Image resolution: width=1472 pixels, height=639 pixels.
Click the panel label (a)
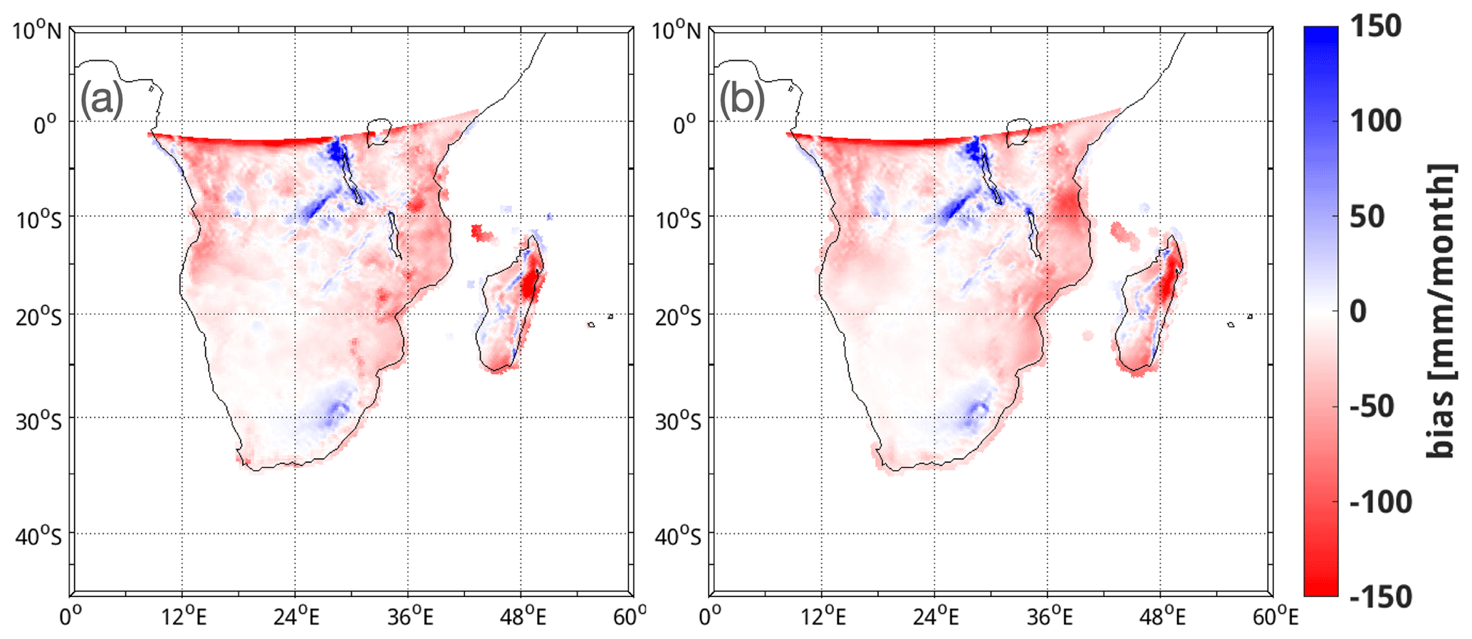click(101, 98)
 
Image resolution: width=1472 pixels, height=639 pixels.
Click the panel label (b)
click(741, 98)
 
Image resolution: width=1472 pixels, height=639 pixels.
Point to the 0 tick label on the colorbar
click(1359, 311)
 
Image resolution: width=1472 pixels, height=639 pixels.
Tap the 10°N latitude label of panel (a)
click(37, 31)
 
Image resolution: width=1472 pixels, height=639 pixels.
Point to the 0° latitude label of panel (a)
click(48, 125)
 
